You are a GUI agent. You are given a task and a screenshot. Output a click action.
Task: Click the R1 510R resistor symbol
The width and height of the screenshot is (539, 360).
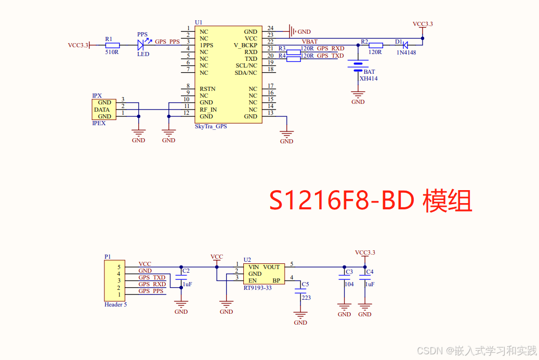[x=112, y=45]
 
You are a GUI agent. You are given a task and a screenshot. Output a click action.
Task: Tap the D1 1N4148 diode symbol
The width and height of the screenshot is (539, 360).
[x=405, y=45]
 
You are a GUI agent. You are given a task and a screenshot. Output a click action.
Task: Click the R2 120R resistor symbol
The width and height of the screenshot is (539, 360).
[x=375, y=45]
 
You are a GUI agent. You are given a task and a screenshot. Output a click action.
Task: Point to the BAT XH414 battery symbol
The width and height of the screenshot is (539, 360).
[x=358, y=65]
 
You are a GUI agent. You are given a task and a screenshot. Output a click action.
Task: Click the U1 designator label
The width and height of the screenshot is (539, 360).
[x=199, y=22]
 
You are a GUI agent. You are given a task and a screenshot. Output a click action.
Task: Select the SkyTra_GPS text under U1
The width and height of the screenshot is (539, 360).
[x=211, y=126]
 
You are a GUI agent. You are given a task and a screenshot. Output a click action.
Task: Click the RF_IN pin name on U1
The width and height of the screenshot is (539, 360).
[x=208, y=110]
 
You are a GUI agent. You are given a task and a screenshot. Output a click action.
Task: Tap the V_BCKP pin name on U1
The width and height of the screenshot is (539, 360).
[x=245, y=45]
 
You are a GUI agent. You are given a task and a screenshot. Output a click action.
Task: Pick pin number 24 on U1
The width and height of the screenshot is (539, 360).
[x=270, y=28]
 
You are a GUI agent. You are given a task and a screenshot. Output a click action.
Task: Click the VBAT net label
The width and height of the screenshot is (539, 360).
[x=310, y=42]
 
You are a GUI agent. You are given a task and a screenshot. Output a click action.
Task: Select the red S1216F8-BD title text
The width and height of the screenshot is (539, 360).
[x=370, y=201]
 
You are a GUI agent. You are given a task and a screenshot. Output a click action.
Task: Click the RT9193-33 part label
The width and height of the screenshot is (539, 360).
[x=257, y=287]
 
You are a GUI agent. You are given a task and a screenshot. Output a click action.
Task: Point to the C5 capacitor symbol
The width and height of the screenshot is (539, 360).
[x=300, y=292]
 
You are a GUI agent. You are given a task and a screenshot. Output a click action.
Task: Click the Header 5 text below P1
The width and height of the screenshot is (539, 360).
[x=115, y=304]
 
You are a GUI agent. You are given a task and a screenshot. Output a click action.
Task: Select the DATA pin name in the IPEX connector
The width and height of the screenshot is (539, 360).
[x=102, y=110]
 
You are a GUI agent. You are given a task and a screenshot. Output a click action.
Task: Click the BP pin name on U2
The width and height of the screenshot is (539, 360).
[x=276, y=281]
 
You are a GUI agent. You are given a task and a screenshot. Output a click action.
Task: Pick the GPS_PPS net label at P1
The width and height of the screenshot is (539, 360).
[x=151, y=291]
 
